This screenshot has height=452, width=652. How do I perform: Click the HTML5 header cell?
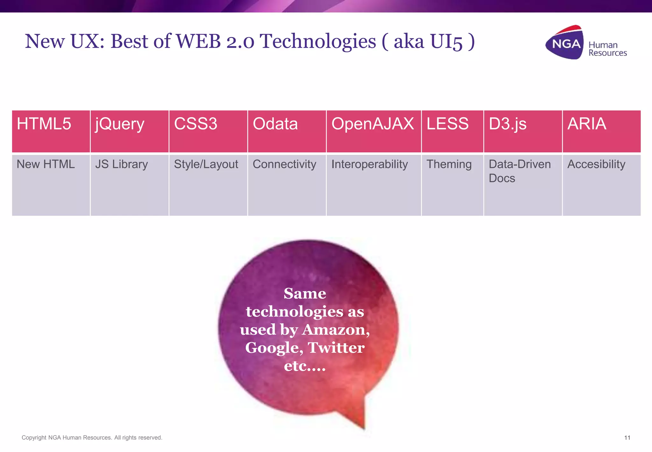pyautogui.click(x=51, y=131)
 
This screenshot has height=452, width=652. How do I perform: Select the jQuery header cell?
pyautogui.click(x=129, y=131)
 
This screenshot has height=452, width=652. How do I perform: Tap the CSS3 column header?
pyautogui.click(x=208, y=131)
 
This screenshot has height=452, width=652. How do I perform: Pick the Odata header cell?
pyautogui.click(x=287, y=131)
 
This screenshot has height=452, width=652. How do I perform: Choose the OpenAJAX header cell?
pyautogui.click(x=373, y=131)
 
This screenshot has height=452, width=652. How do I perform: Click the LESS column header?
pyautogui.click(x=452, y=131)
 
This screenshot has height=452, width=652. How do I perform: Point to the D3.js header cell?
pyautogui.click(x=523, y=131)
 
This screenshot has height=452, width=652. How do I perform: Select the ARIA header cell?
pyautogui.click(x=601, y=131)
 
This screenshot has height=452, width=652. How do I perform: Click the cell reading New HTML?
pyautogui.click(x=51, y=185)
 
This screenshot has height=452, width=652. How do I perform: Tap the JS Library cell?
pyautogui.click(x=129, y=185)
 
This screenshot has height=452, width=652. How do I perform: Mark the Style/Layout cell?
pyautogui.click(x=208, y=185)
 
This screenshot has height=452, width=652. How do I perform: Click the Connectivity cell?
pyautogui.click(x=287, y=185)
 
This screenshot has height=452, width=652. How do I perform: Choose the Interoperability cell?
pyautogui.click(x=373, y=185)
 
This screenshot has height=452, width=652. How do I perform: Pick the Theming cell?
pyautogui.click(x=452, y=185)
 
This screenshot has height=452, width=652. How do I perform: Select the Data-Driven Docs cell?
pyautogui.click(x=523, y=185)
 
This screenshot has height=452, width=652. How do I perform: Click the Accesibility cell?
pyautogui.click(x=601, y=185)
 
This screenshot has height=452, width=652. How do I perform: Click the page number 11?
pyautogui.click(x=627, y=438)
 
